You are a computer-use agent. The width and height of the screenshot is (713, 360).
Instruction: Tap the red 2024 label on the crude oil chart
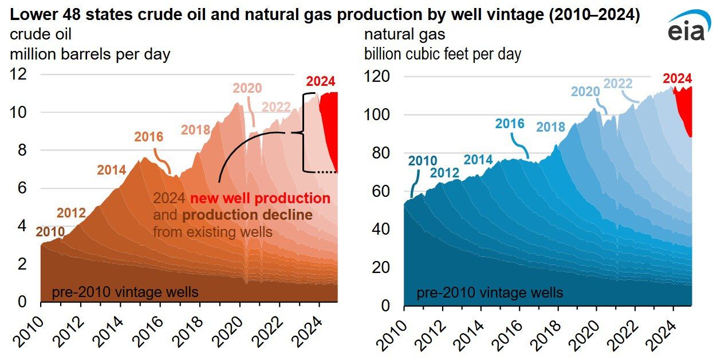tap(320, 81)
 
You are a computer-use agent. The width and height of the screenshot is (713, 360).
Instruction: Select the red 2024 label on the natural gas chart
tap(677, 78)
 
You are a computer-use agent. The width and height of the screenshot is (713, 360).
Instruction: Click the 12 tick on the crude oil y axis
tap(19, 74)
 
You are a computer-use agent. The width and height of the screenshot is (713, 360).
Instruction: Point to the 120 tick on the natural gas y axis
tap(378, 77)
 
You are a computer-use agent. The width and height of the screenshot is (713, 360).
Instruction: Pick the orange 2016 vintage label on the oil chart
tap(148, 137)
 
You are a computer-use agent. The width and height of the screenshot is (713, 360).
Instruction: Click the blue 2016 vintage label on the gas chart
tap(510, 124)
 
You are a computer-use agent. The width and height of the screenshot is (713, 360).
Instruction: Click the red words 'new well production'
tap(261, 199)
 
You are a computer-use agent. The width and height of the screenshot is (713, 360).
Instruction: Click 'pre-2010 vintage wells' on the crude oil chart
tap(125, 292)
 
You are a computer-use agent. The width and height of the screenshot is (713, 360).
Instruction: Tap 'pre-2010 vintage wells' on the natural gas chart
tap(490, 293)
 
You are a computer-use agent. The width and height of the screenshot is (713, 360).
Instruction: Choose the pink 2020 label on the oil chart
tap(247, 88)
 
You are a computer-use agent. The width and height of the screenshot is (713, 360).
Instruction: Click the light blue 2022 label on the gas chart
tap(618, 84)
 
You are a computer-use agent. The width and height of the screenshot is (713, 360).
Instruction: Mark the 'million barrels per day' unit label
tap(90, 54)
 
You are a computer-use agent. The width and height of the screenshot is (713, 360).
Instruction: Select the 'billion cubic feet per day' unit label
tap(443, 54)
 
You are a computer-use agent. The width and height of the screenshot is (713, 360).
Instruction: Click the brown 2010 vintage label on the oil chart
tap(51, 231)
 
